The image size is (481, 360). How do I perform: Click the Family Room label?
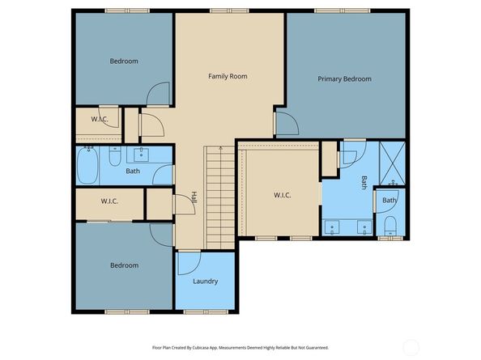228,76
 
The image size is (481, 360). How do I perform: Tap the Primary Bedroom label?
344,79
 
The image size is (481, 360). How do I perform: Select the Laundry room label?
205,282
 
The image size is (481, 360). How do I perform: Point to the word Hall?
194,198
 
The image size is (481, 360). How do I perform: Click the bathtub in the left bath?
87,165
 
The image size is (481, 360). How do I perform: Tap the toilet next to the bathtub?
115,156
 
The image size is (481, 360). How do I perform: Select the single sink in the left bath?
141,155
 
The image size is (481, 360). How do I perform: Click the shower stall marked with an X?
393,163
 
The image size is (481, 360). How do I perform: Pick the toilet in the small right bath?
390,226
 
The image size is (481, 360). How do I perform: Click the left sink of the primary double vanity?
332,227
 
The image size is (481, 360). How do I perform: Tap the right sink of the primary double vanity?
364,227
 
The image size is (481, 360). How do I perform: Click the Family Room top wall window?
229,11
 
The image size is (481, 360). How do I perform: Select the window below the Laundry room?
206,312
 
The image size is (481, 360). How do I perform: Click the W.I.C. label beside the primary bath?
283,195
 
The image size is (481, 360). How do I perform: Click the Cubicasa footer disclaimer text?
240,348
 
